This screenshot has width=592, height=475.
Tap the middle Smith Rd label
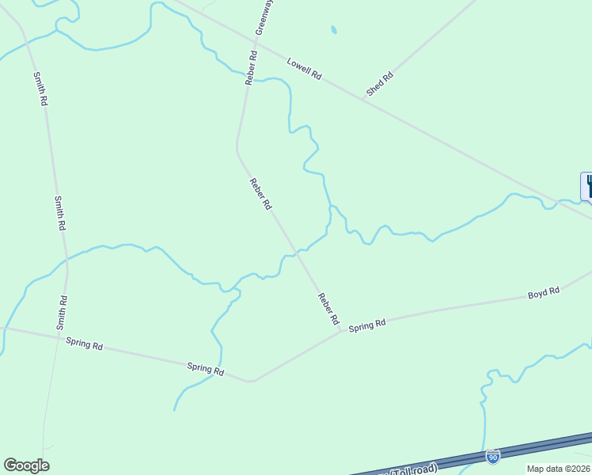point(59,213)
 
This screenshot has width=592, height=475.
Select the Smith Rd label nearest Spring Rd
point(62,313)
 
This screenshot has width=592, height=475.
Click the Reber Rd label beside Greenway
point(251,68)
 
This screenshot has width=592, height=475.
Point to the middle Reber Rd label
point(261,194)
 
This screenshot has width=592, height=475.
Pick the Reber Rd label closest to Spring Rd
point(328,310)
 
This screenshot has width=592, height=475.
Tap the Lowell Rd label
point(304,69)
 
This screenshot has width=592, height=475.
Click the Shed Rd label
point(379,85)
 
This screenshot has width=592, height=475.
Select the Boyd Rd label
point(544,292)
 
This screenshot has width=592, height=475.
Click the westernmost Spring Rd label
point(85,344)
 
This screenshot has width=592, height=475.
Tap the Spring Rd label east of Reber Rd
point(367,324)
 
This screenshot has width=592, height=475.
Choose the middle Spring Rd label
point(206,368)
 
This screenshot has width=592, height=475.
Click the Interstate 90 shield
point(493,457)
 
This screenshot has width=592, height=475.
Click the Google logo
point(26,465)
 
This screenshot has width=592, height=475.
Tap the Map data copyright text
point(559,469)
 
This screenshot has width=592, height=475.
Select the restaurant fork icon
point(588,186)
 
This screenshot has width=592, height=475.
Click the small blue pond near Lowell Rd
point(334,31)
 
